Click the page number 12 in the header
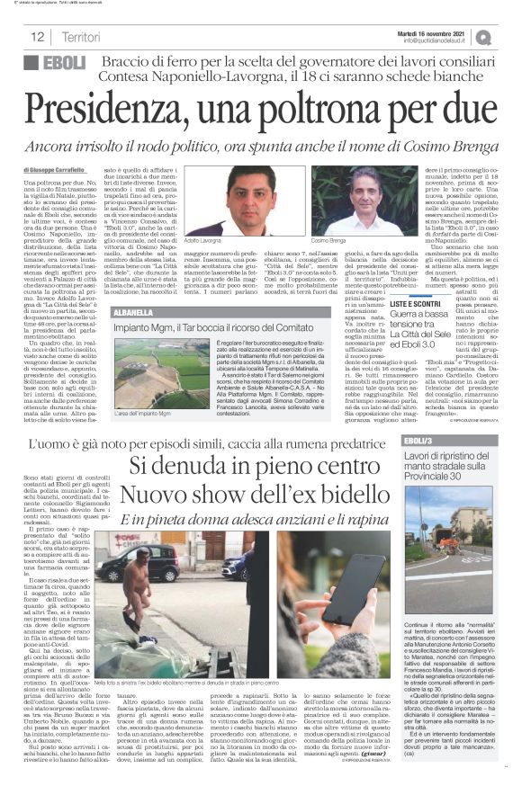(x=38, y=37)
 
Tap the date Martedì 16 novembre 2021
(x=437, y=31)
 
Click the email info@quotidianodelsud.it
(x=437, y=40)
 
